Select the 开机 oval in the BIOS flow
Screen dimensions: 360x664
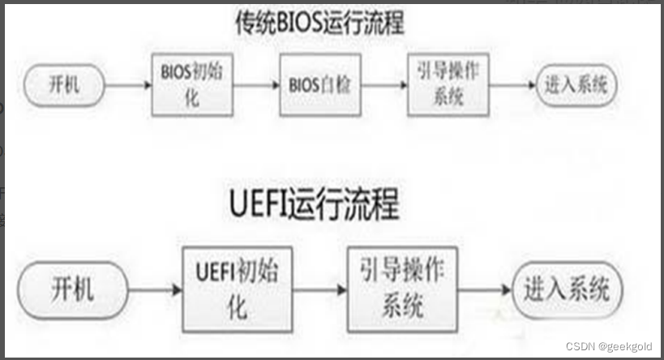(x=64, y=84)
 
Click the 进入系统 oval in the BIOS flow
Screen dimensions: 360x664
(x=576, y=84)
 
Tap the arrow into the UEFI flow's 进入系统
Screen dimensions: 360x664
(x=484, y=289)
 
